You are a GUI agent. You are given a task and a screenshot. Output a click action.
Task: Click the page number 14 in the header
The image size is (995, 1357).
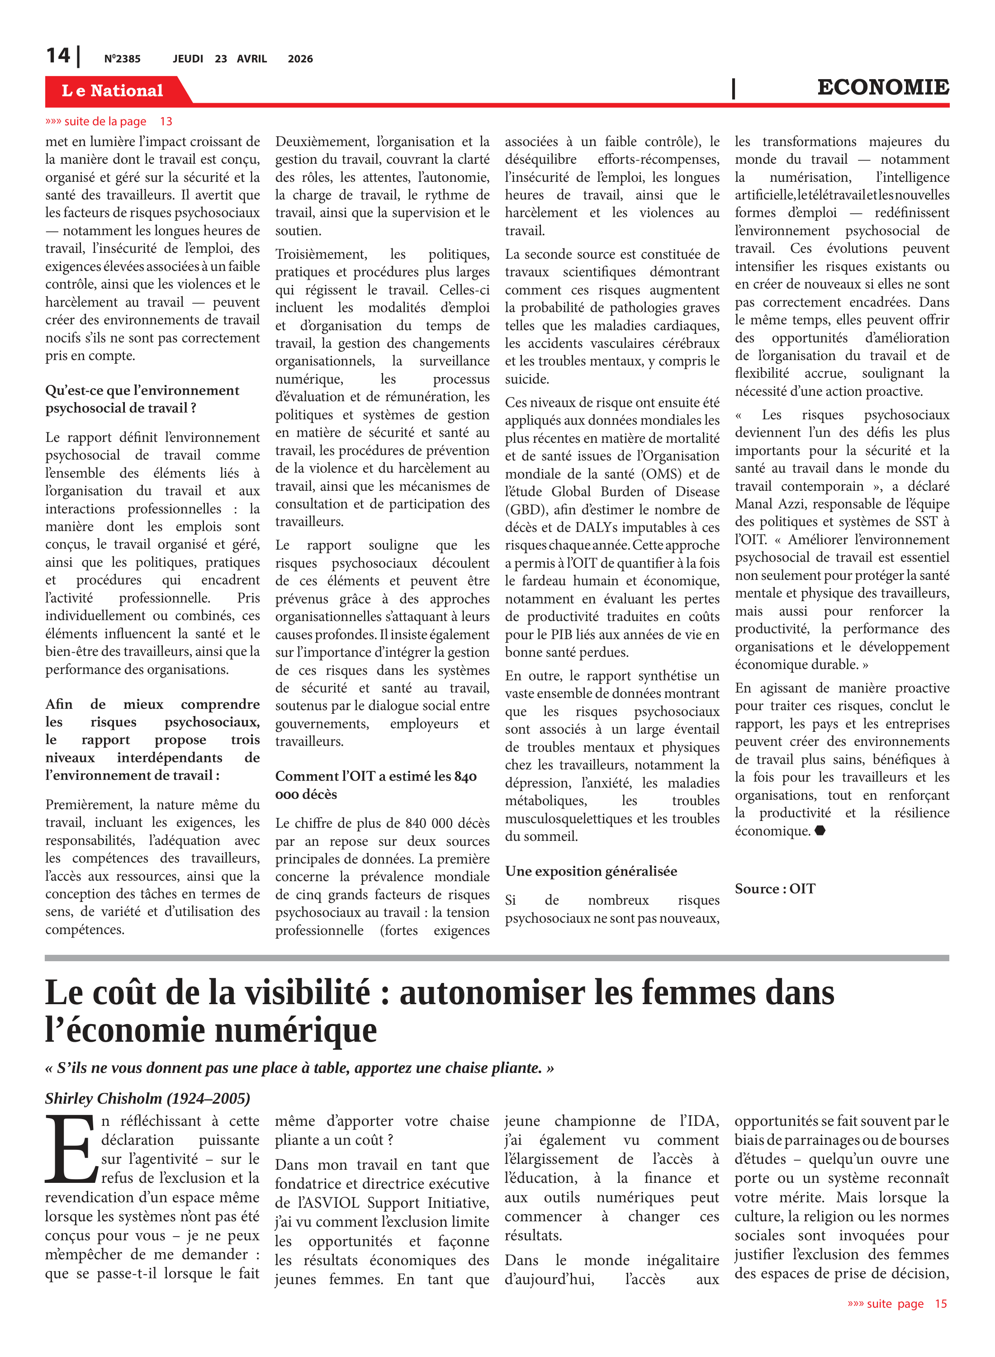[58, 56]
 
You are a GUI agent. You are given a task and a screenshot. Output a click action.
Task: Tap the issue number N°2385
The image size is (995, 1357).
[122, 59]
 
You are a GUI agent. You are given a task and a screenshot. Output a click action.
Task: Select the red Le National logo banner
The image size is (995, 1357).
[113, 90]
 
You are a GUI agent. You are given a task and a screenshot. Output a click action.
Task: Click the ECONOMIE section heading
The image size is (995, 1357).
[882, 87]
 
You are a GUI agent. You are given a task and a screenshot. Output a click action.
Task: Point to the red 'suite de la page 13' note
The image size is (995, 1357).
[109, 122]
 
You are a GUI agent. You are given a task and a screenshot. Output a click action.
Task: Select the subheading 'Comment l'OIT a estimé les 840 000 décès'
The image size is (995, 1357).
[376, 785]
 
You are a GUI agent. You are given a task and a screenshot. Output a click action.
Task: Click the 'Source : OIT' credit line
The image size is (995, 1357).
[775, 889]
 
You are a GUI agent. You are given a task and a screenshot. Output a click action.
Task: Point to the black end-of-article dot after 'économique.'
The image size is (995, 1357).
[820, 830]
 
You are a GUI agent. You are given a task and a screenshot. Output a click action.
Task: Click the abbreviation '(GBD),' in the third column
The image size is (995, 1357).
[526, 509]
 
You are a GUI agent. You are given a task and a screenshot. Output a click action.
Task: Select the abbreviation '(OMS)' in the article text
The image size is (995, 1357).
[663, 474]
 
